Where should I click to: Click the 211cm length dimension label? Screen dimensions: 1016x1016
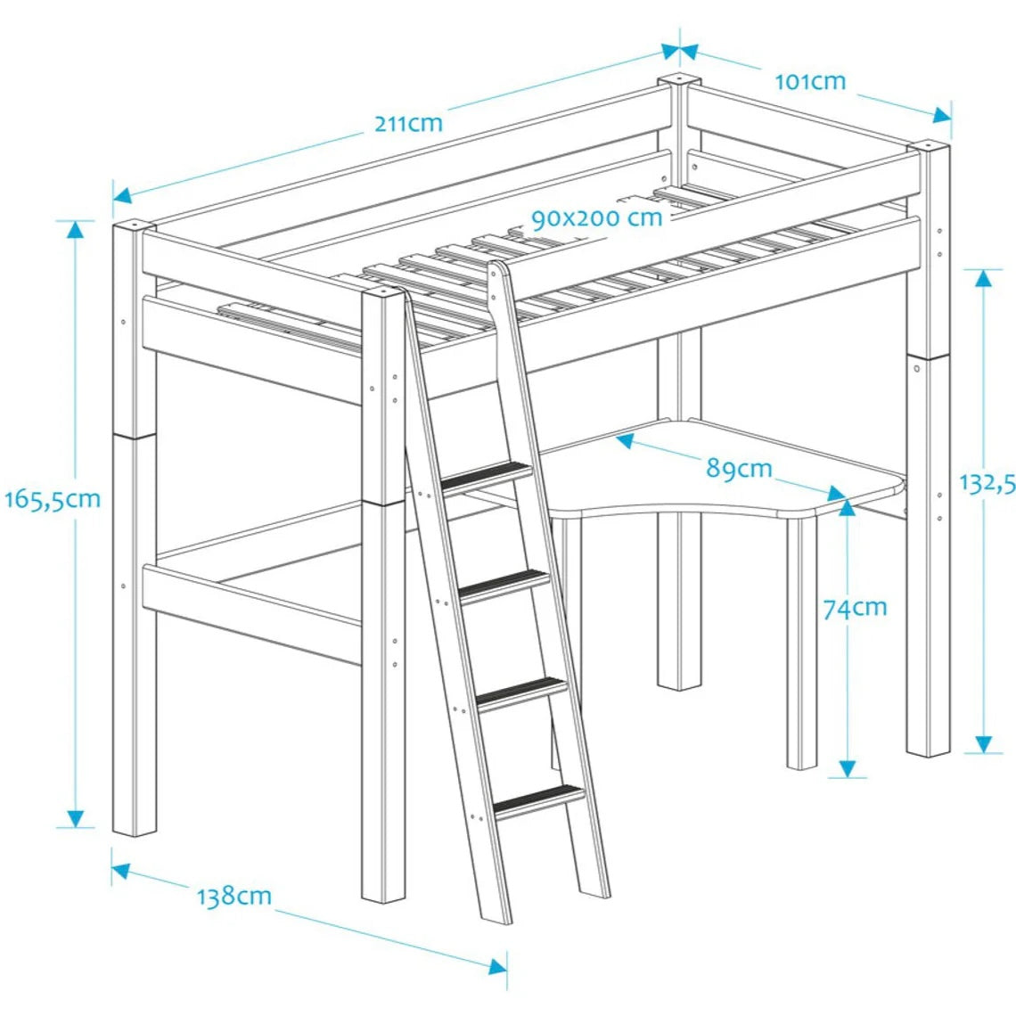point(407,122)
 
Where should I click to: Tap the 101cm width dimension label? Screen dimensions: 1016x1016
point(809,81)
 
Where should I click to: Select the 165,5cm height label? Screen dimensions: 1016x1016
point(52,499)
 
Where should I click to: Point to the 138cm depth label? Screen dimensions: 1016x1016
point(234,895)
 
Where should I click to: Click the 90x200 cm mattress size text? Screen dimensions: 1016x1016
point(596,217)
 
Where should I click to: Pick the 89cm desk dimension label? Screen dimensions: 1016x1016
point(739,467)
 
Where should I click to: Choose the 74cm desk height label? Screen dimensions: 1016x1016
point(855,608)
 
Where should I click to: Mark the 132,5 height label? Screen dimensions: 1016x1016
point(987,483)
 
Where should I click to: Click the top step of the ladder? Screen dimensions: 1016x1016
point(486,479)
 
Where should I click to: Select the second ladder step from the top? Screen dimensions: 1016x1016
point(503,584)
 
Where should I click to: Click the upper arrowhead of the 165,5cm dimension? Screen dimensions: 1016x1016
point(75,229)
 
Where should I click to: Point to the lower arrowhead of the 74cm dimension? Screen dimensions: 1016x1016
point(848,767)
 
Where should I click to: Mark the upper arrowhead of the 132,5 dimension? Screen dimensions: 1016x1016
point(983,277)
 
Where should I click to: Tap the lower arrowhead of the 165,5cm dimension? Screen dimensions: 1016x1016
point(75,817)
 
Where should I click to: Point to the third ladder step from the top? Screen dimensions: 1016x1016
point(521,693)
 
